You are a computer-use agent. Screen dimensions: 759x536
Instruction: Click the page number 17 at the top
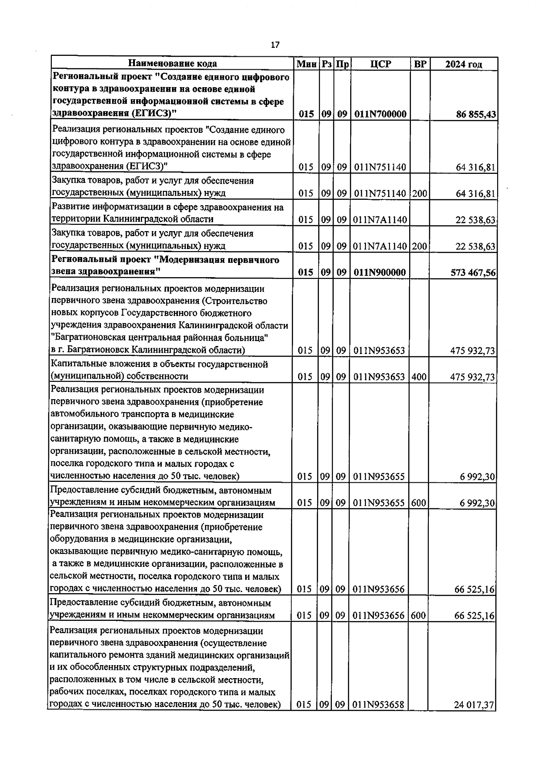(275, 45)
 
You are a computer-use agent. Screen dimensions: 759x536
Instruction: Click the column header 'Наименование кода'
(173, 64)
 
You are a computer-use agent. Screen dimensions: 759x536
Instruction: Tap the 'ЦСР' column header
(381, 64)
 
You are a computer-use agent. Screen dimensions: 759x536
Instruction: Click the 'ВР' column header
(420, 64)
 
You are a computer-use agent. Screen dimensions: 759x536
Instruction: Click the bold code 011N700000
(380, 114)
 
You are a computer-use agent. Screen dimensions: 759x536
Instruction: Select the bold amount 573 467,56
(473, 272)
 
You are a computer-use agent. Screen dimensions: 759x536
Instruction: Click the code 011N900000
(380, 272)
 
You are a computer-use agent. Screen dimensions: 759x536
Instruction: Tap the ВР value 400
(419, 377)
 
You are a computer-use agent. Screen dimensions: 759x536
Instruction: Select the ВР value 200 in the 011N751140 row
(419, 194)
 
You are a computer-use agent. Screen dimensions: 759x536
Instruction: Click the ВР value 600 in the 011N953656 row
(418, 616)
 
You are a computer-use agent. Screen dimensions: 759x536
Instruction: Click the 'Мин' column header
(306, 64)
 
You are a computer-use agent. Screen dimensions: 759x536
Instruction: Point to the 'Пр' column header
(342, 64)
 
